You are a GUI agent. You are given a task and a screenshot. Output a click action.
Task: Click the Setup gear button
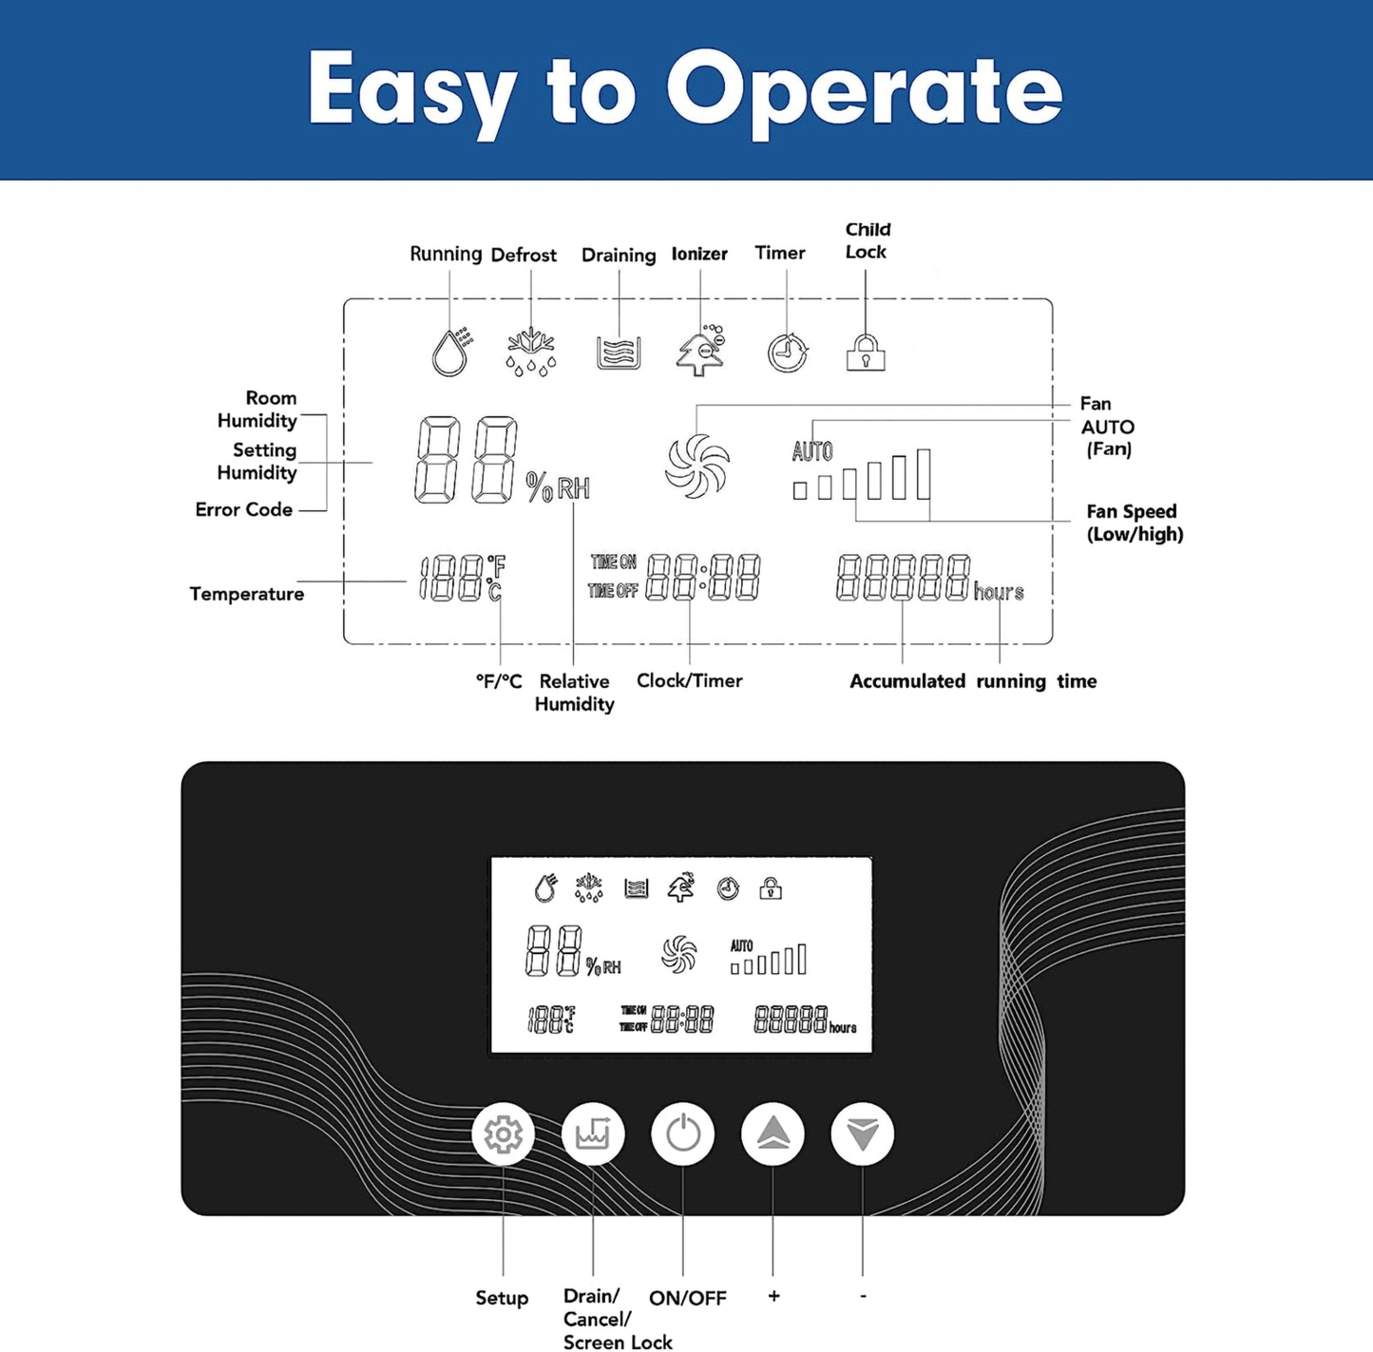click(x=503, y=1133)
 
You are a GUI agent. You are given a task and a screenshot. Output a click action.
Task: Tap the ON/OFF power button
click(x=682, y=1133)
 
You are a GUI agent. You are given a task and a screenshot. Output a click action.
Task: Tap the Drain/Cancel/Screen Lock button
click(x=593, y=1133)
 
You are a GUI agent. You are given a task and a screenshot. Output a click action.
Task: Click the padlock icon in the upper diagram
click(x=866, y=352)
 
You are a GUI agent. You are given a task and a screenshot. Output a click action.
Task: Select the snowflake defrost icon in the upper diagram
click(x=531, y=352)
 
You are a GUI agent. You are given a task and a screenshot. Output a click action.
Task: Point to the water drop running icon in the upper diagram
click(x=451, y=352)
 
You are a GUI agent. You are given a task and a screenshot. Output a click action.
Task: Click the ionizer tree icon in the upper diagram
click(x=699, y=350)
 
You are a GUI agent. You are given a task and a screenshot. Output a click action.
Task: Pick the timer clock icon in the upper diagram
click(x=788, y=352)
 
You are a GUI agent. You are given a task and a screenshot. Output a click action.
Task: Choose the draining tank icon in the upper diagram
click(x=619, y=353)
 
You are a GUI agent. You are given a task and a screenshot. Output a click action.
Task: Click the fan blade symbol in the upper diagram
click(x=697, y=467)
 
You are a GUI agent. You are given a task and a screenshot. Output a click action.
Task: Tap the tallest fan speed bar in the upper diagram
click(x=924, y=474)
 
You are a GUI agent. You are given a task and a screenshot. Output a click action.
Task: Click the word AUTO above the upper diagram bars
click(x=812, y=450)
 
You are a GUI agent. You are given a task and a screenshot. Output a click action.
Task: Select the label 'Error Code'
click(x=243, y=509)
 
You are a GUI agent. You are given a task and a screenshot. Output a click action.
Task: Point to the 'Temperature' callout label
click(x=246, y=594)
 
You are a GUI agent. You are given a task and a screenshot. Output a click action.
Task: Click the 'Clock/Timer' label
click(x=689, y=680)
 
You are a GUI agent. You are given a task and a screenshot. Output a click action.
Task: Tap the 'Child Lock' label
click(x=868, y=240)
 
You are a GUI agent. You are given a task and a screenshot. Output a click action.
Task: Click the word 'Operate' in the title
click(x=865, y=91)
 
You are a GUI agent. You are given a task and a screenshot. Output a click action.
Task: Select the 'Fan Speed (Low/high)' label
click(x=1135, y=523)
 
